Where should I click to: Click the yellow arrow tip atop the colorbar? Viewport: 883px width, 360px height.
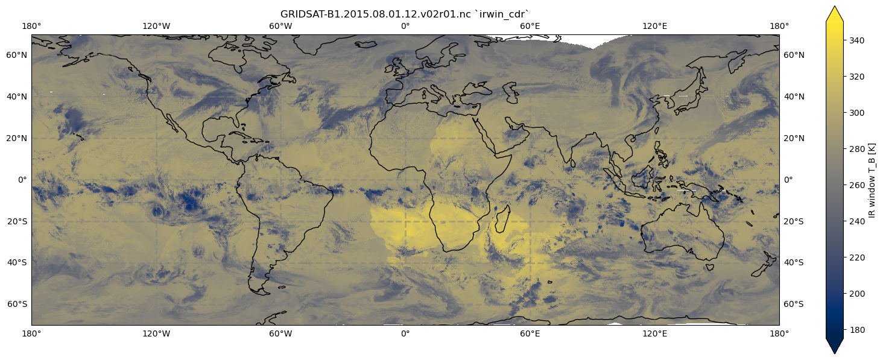835,12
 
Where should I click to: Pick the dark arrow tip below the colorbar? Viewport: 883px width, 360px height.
835,348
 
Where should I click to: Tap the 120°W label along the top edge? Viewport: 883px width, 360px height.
156,26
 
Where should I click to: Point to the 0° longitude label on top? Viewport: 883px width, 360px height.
405,26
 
